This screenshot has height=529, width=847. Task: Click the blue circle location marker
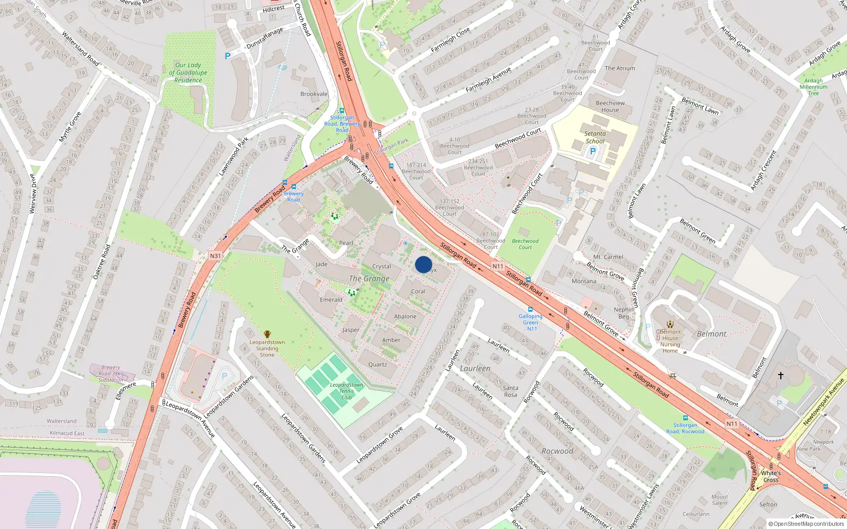(424, 264)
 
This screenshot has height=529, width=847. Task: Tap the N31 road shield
(215, 256)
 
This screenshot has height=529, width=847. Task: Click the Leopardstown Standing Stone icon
(267, 334)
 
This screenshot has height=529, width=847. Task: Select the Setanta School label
(595, 138)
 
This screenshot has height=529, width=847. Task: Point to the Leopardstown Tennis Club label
(346, 391)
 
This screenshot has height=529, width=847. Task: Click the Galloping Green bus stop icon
(530, 309)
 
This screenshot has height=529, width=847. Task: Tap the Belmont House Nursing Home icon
(670, 324)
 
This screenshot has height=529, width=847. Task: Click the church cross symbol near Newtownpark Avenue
(780, 376)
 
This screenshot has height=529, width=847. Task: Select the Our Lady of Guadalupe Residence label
(188, 72)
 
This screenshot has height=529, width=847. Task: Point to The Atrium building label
(619, 68)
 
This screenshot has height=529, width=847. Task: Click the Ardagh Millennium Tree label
(813, 87)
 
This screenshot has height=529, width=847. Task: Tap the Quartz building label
(377, 364)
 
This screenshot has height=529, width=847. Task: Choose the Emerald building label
(331, 300)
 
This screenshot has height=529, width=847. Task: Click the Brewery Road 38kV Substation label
(111, 373)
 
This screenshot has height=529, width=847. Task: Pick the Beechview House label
(610, 106)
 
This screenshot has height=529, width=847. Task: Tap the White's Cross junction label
(771, 477)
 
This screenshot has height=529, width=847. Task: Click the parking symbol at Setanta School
(593, 151)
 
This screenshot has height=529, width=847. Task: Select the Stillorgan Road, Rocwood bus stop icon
(686, 418)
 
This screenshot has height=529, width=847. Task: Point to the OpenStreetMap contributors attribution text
(806, 524)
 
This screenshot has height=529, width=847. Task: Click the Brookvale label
(314, 94)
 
